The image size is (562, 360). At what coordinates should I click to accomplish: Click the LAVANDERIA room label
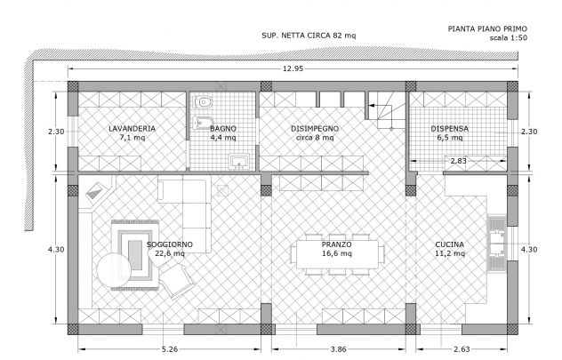tap(132, 129)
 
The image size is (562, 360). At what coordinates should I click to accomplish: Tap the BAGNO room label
tap(223, 129)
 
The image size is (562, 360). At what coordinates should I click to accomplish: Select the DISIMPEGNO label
tap(315, 129)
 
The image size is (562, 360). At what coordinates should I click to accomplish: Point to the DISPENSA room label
tap(449, 129)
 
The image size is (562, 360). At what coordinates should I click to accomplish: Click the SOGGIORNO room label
tap(170, 244)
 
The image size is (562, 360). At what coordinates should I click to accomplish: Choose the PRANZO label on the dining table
tap(336, 244)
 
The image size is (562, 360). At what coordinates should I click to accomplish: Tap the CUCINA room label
tap(449, 244)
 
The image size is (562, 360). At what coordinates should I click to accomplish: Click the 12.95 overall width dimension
tap(293, 68)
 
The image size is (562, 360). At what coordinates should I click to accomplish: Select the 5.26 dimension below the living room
tap(170, 349)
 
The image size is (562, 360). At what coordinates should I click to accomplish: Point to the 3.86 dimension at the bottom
tap(338, 349)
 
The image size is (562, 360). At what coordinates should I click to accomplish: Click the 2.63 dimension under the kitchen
tap(462, 349)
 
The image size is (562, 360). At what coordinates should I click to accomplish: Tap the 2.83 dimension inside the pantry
tap(459, 161)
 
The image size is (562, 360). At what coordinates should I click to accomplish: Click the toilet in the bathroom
tap(203, 102)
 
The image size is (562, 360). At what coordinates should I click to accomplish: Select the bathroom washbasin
tap(239, 162)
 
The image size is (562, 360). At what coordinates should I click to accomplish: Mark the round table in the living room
tap(114, 270)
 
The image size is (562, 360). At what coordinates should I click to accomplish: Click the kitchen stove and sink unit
tap(497, 244)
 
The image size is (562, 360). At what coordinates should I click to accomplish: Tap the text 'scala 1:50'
tap(509, 37)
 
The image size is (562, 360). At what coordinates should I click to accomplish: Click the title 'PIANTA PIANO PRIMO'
tap(487, 28)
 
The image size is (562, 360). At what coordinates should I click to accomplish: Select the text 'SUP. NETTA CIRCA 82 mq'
tap(309, 36)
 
